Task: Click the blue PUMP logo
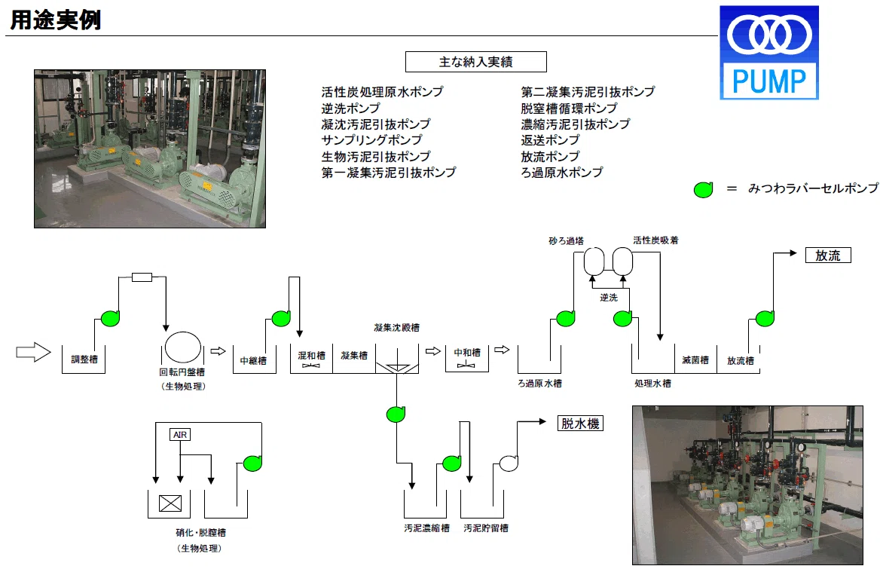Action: [x=769, y=53]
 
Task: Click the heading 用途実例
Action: [x=56, y=20]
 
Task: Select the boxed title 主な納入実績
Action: [x=476, y=62]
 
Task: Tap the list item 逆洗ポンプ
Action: [x=351, y=108]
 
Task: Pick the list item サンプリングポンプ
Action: [x=371, y=139]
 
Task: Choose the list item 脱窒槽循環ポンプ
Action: [x=569, y=108]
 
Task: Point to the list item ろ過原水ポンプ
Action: [x=562, y=173]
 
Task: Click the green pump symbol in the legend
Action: [x=703, y=190]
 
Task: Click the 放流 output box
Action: [x=828, y=255]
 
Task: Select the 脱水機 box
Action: [x=580, y=423]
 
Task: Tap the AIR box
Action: [x=180, y=434]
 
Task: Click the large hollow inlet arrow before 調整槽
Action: [x=34, y=352]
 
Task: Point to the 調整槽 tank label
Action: [x=84, y=359]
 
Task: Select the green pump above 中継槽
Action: [x=280, y=318]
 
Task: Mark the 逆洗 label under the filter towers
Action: [x=608, y=298]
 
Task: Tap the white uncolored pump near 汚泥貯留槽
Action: [x=509, y=463]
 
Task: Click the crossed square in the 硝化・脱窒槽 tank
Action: [x=170, y=503]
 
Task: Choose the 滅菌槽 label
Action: [x=695, y=360]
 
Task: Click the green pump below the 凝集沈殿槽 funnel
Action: [x=396, y=415]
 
